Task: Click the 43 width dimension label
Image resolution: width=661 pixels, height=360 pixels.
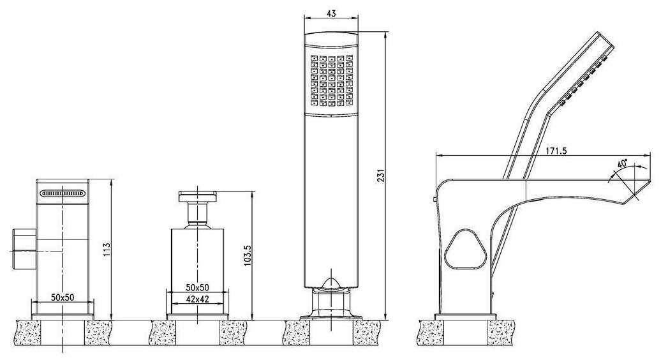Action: [x=331, y=13]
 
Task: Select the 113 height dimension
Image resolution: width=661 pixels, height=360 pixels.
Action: [x=107, y=250]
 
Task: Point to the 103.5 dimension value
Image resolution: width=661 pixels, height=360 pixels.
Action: [x=248, y=255]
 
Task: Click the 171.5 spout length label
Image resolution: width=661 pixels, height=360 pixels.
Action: [x=555, y=151]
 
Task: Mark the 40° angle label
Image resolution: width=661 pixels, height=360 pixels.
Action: [x=623, y=163]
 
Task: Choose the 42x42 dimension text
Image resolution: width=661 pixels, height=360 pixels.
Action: [x=197, y=299]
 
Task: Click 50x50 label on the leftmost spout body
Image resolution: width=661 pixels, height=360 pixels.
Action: [x=63, y=297]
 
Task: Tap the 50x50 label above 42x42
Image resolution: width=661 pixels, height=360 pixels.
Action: [x=197, y=287]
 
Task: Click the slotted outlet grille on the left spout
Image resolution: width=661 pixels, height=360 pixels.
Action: [x=63, y=193]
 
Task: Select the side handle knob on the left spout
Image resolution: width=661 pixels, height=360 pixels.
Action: [x=24, y=249]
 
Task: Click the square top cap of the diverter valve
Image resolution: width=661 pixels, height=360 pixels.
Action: [x=197, y=197]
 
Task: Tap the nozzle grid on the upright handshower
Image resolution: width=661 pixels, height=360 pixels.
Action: [x=332, y=80]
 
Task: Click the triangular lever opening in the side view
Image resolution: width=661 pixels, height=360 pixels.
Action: [x=466, y=249]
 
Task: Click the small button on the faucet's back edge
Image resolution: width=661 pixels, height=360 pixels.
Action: [x=435, y=199]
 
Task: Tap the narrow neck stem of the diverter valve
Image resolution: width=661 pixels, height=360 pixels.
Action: [x=197, y=215]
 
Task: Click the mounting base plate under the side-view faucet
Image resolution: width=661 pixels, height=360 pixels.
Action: [x=466, y=317]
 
